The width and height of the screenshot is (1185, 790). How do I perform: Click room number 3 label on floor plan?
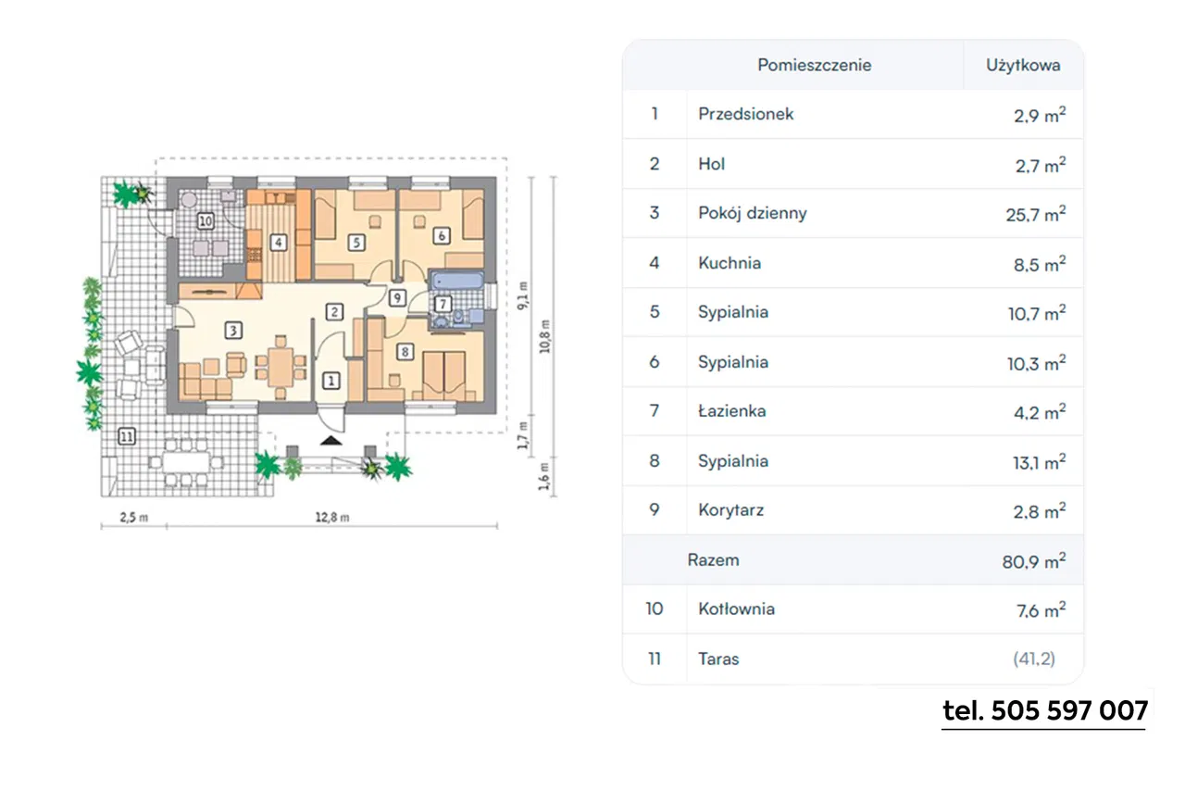coord(234,329)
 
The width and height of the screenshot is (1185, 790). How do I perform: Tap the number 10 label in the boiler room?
coord(206,220)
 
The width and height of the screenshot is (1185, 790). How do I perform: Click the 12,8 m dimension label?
coord(331,518)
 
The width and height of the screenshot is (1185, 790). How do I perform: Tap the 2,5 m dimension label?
coord(134,518)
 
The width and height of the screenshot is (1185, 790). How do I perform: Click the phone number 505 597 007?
coord(1044,711)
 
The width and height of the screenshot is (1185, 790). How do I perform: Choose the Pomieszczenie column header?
coord(814,65)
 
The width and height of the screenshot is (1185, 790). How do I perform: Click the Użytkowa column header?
coord(1023,65)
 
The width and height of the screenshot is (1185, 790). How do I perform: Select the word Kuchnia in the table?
coord(730,263)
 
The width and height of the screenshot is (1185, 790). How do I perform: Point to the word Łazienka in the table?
coord(731,411)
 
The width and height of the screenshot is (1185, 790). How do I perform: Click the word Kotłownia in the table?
coord(736,609)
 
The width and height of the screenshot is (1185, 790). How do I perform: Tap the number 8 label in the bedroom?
coord(405,351)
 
